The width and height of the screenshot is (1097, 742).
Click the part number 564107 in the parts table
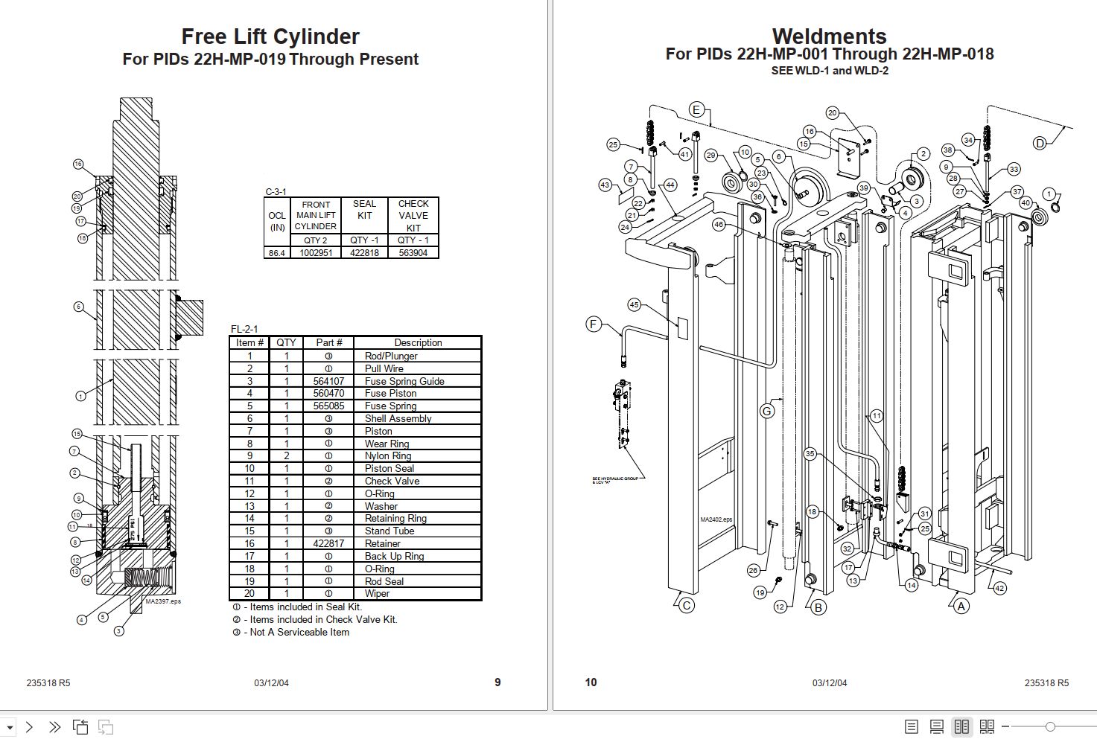328,381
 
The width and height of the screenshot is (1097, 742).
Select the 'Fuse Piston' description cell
391,394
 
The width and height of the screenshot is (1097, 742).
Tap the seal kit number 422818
364,253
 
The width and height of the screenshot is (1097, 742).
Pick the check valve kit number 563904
413,253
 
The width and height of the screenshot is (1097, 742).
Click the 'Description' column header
418,343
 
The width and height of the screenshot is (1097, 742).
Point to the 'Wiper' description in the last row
377,594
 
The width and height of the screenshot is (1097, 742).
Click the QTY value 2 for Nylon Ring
286,456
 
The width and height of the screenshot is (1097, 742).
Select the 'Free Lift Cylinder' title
270,36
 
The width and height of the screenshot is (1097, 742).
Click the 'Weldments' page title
829,36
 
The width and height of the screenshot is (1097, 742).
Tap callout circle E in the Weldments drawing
696,110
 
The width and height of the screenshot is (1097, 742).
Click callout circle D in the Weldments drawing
1040,143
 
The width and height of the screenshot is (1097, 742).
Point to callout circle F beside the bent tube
594,324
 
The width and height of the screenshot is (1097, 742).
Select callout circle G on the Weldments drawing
767,411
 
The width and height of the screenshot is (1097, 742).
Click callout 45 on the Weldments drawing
634,304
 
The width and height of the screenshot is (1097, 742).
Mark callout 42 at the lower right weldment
999,588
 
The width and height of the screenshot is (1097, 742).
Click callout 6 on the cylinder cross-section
78,307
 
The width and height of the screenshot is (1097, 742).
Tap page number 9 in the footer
497,682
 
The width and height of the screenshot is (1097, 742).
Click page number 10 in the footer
591,682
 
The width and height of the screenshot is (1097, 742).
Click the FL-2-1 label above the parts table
244,329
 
